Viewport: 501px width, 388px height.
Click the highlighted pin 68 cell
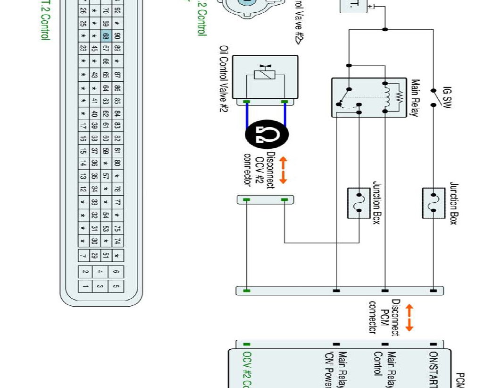click(x=105, y=36)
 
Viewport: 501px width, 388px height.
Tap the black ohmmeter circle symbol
click(x=267, y=135)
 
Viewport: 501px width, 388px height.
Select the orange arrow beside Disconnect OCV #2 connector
click(x=283, y=170)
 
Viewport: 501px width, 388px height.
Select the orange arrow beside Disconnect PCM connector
click(x=409, y=318)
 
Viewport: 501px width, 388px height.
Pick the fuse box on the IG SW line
click(x=434, y=203)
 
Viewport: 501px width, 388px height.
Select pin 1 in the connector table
click(x=85, y=286)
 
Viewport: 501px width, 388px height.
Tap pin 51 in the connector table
click(x=106, y=256)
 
